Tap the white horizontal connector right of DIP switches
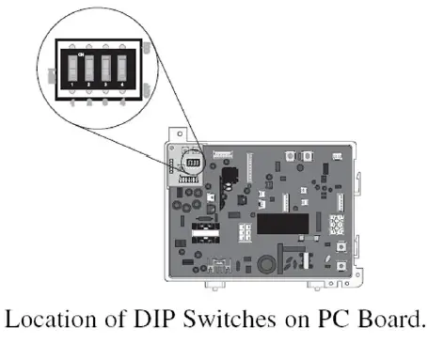pyautogui.click(x=223, y=153)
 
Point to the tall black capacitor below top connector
pyautogui.click(x=227, y=178)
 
